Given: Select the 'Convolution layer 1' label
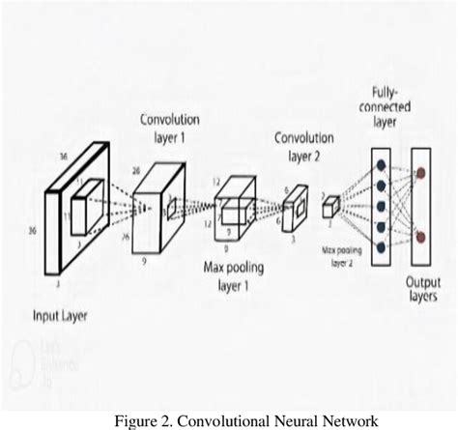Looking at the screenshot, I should coord(170,129).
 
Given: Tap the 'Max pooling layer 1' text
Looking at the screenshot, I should coord(236,274).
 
